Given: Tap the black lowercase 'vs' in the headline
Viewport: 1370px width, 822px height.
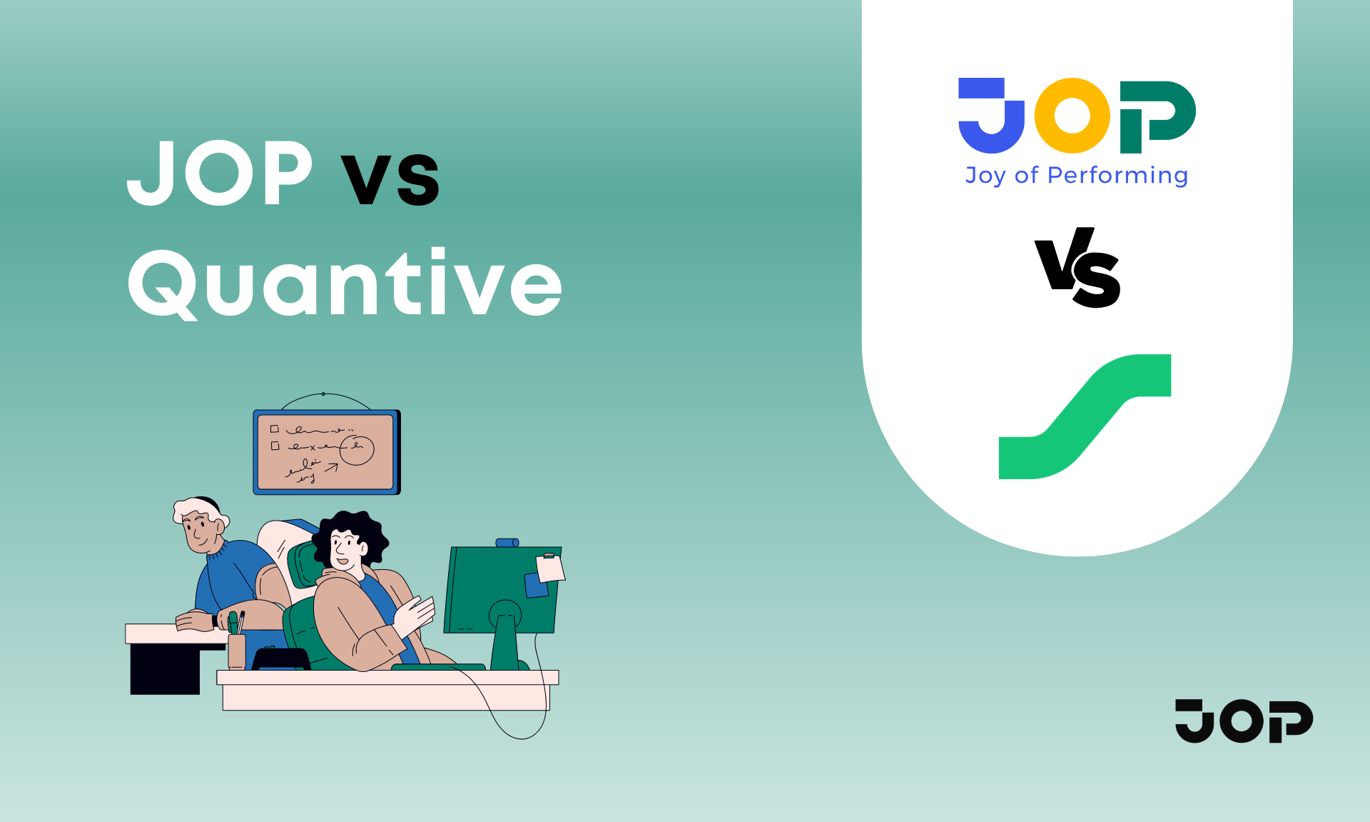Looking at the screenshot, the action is pos(390,179).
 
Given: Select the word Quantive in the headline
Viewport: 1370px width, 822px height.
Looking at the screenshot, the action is pos(345,283).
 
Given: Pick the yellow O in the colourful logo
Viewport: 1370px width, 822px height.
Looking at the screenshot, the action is pos(1072,116).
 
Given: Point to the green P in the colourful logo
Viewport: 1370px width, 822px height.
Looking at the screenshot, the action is pos(1157,116).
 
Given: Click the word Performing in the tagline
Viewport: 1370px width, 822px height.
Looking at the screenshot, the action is pos(1117,176).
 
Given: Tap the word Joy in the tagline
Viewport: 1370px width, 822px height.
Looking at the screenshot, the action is pos(985,176).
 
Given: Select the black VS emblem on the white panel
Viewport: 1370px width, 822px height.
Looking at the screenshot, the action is pos(1078,267).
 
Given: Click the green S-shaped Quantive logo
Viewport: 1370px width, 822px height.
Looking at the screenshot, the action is pos(1085,416).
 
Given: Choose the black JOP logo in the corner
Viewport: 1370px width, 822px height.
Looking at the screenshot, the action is pos(1244,721).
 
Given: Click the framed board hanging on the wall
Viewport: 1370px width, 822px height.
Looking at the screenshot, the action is pos(327,452).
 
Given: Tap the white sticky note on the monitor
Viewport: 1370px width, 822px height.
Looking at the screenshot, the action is pos(550,568).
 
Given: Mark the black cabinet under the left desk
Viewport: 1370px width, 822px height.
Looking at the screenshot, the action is pos(165,668).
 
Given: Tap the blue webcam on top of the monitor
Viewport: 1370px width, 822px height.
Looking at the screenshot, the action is pos(507,543).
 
